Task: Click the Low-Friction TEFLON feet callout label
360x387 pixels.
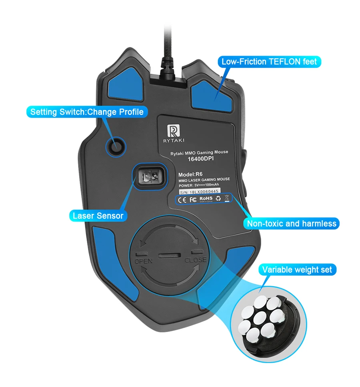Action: [269, 62]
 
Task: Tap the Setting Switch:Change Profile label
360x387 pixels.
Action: [87, 112]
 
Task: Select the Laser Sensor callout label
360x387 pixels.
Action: [98, 216]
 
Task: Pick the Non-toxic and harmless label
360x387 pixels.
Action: [292, 223]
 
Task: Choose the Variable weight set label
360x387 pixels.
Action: [297, 270]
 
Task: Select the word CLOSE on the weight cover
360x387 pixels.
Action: [196, 260]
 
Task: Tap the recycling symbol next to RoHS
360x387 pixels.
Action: [218, 199]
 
